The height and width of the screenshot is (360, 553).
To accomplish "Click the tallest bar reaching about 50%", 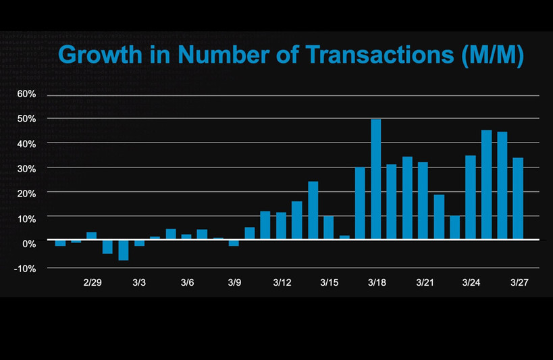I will pos(376,179).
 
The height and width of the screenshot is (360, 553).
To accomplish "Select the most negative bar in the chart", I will pos(124,250).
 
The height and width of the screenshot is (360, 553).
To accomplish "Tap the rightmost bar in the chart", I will pos(518,199).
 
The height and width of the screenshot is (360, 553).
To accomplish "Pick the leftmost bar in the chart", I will pos(61,243).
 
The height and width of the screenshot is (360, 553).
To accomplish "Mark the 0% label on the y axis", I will pos(28,242).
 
